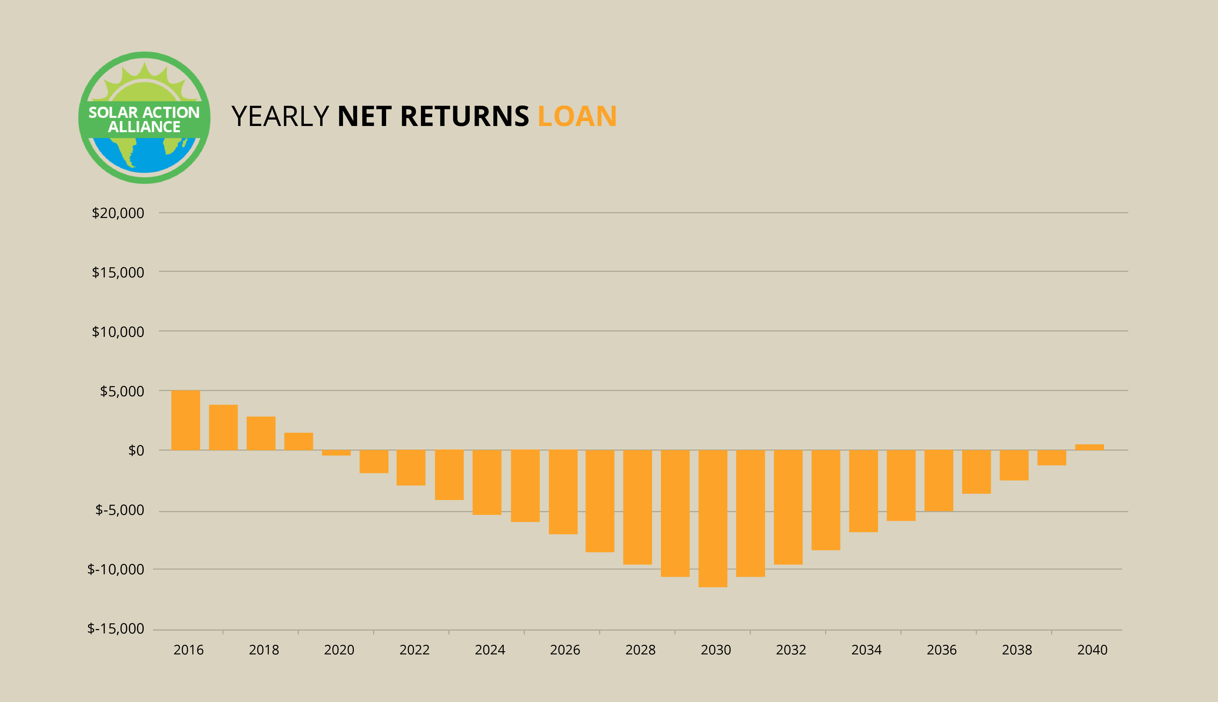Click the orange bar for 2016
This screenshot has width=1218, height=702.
click(186, 420)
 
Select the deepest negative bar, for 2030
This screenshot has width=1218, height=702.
click(713, 518)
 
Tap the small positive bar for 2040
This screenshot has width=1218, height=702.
click(1089, 447)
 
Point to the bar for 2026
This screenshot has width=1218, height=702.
click(563, 492)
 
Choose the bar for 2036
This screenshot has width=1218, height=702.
click(939, 480)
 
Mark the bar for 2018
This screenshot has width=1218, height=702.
click(261, 433)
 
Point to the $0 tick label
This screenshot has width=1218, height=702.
click(136, 450)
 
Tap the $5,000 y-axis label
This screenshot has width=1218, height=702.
click(122, 391)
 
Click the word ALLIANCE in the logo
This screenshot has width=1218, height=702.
click(144, 127)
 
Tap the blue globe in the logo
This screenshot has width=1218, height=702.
click(145, 154)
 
